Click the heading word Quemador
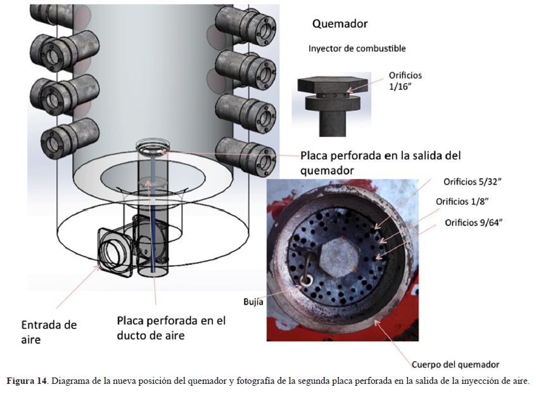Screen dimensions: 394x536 [340, 24]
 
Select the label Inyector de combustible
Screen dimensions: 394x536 [357, 49]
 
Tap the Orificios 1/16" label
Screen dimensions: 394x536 [405, 81]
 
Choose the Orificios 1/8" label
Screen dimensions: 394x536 [461, 202]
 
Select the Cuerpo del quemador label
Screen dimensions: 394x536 [455, 365]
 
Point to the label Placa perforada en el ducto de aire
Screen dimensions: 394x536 [171, 328]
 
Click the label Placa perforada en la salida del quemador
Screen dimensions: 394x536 [380, 162]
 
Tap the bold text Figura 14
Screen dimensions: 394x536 [27, 381]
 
